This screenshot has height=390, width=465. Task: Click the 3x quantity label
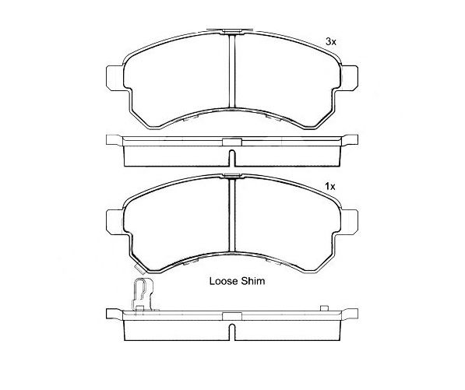point(331,42)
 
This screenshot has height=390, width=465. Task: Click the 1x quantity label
point(330,186)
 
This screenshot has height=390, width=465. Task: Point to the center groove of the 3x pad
point(232,71)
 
